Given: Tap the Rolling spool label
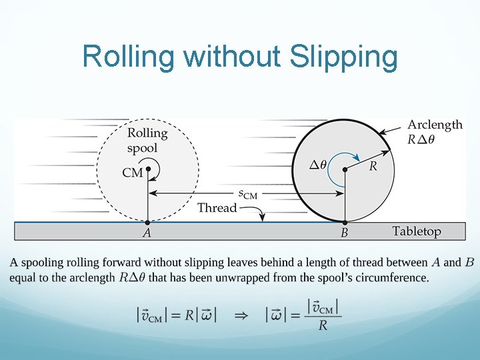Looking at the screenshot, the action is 147,140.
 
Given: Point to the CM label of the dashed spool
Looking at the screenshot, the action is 133,173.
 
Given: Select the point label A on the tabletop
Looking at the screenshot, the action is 147,233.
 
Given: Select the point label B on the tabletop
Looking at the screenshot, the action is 344,233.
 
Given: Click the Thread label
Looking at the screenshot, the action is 217,207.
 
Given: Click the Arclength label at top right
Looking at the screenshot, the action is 435,125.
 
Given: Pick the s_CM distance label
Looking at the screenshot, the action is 247,194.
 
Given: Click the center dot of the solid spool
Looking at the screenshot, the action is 345,170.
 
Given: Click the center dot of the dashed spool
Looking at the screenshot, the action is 148,169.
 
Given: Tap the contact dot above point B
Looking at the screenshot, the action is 345,221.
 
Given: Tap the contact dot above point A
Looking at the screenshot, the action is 148,221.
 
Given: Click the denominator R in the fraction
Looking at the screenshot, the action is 323,326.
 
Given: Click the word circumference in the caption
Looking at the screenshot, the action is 385,277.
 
